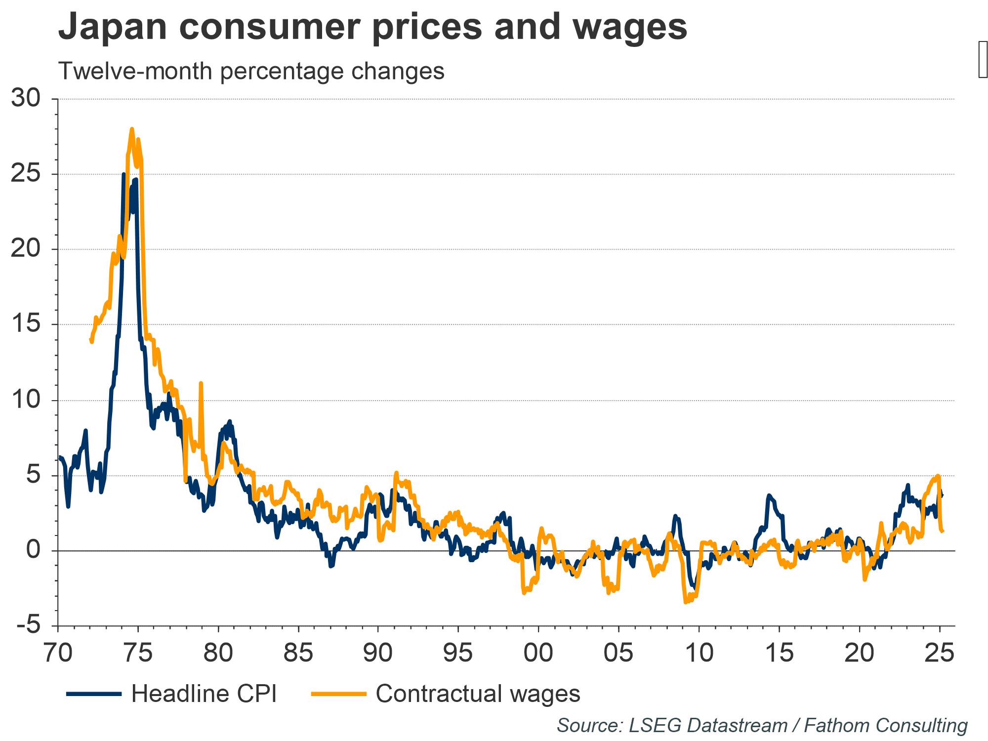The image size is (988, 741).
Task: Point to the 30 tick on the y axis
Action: click(25, 99)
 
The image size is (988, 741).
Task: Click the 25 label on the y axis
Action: click(25, 174)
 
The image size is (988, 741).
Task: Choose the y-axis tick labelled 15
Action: click(25, 325)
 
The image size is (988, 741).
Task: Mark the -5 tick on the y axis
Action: click(28, 625)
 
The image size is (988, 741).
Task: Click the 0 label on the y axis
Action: click(33, 550)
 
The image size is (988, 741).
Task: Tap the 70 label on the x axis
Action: click(58, 653)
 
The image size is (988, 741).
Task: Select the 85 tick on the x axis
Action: click(298, 653)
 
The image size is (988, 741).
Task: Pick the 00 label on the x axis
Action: click(538, 653)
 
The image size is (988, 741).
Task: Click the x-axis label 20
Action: click(859, 653)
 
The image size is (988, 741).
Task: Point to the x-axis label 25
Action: click(939, 653)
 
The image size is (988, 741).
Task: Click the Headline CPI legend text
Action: click(204, 694)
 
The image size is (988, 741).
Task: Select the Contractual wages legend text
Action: click(478, 694)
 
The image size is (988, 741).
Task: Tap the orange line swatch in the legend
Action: click(338, 694)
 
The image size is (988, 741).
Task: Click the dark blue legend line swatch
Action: click(93, 694)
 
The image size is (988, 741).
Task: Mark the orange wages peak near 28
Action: click(132, 129)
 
